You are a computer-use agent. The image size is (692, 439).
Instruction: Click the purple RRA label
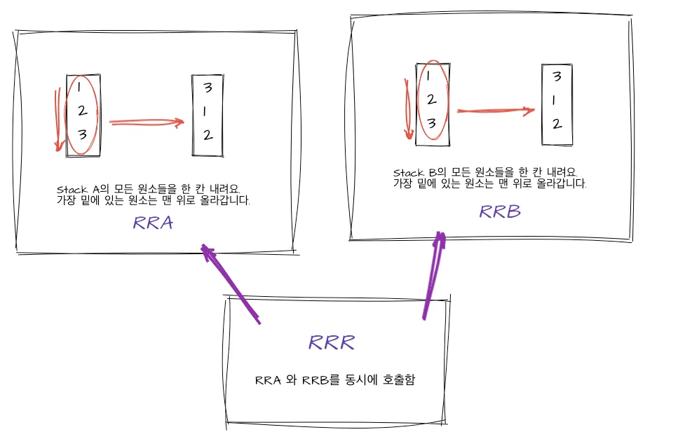(152, 223)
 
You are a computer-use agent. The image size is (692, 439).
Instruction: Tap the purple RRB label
(500, 211)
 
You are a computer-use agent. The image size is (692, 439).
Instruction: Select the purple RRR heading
(332, 342)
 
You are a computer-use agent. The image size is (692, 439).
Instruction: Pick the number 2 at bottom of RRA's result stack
(208, 135)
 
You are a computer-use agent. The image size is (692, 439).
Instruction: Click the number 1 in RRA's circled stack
(80, 88)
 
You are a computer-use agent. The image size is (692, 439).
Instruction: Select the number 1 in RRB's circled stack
(430, 77)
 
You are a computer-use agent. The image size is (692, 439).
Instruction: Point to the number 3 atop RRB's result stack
(556, 76)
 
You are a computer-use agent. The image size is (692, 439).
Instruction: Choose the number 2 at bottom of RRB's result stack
(556, 124)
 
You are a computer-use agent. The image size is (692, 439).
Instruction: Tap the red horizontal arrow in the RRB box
(495, 111)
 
